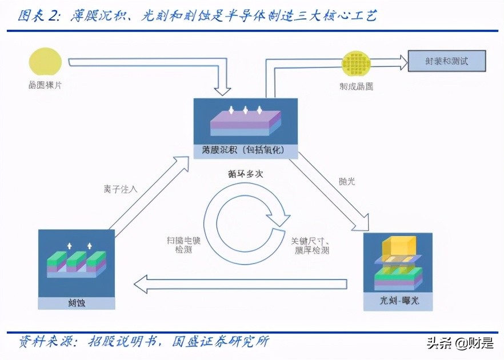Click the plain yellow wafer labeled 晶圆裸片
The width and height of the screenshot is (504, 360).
click(x=45, y=63)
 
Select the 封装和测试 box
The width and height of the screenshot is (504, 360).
click(x=446, y=61)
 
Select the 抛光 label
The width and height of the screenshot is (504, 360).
click(x=347, y=181)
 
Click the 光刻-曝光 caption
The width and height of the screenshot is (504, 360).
click(x=399, y=300)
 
